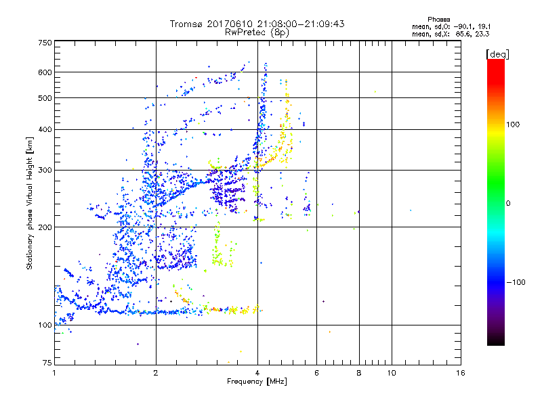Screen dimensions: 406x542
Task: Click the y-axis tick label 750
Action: pos(45,43)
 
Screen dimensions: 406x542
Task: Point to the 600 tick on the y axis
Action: pos(45,72)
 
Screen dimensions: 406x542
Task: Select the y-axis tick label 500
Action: pos(45,98)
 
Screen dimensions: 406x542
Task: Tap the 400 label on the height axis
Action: pos(45,129)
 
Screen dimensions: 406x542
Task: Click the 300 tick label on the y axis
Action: pos(45,170)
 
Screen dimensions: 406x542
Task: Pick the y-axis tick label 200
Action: pos(45,227)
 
